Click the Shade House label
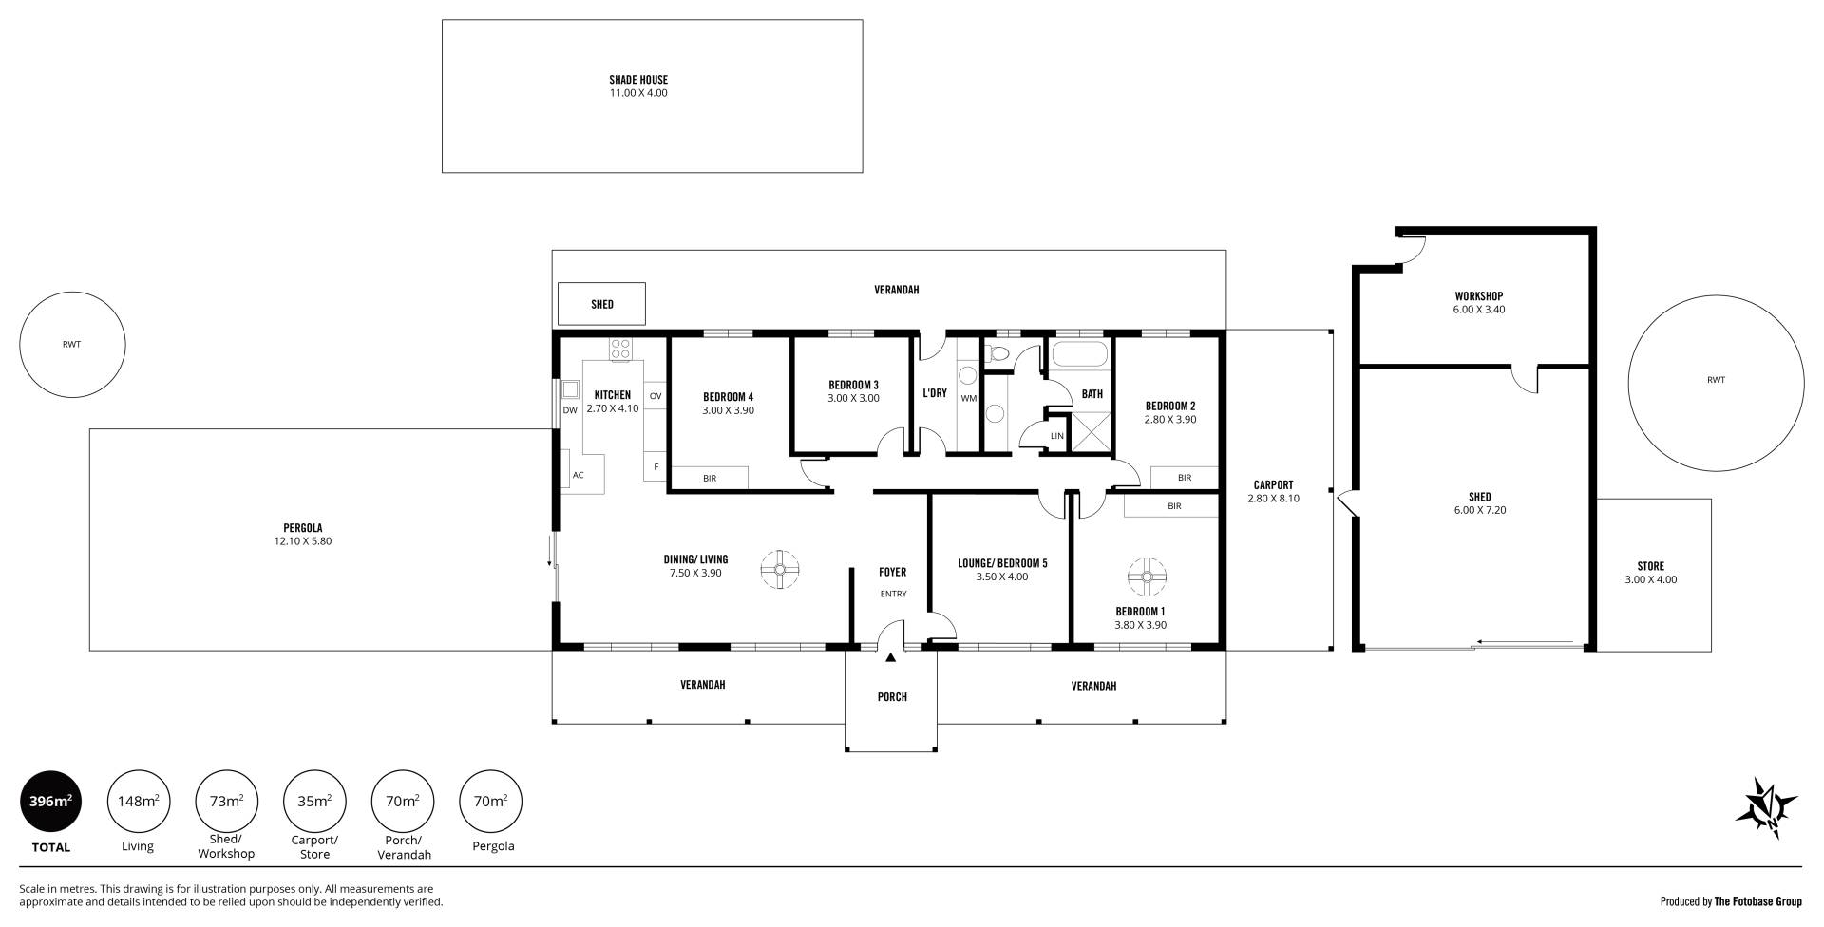click(x=638, y=80)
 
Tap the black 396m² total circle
click(x=51, y=802)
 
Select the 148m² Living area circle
click(x=138, y=802)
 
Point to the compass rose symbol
click(x=1766, y=808)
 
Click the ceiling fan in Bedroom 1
click(x=1147, y=576)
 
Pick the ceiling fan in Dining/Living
click(x=780, y=569)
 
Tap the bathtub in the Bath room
click(x=1080, y=354)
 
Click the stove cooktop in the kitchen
click(x=620, y=349)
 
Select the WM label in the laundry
click(x=968, y=398)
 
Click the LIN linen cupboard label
click(x=1057, y=436)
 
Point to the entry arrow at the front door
click(x=890, y=656)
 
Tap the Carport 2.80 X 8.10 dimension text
click(x=1273, y=498)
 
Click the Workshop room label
click(x=1479, y=296)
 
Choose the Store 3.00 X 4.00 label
click(x=1651, y=579)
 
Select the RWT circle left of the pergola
click(x=72, y=345)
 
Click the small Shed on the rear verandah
click(x=601, y=304)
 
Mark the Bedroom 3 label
click(x=853, y=385)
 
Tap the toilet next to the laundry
click(x=997, y=353)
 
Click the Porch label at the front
click(x=892, y=697)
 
